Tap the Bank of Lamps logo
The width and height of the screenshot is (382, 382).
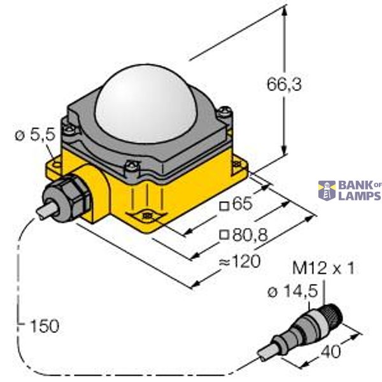coord(350,190)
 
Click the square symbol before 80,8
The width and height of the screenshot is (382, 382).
coord(223,236)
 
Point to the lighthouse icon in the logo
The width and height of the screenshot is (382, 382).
coord(327,190)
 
